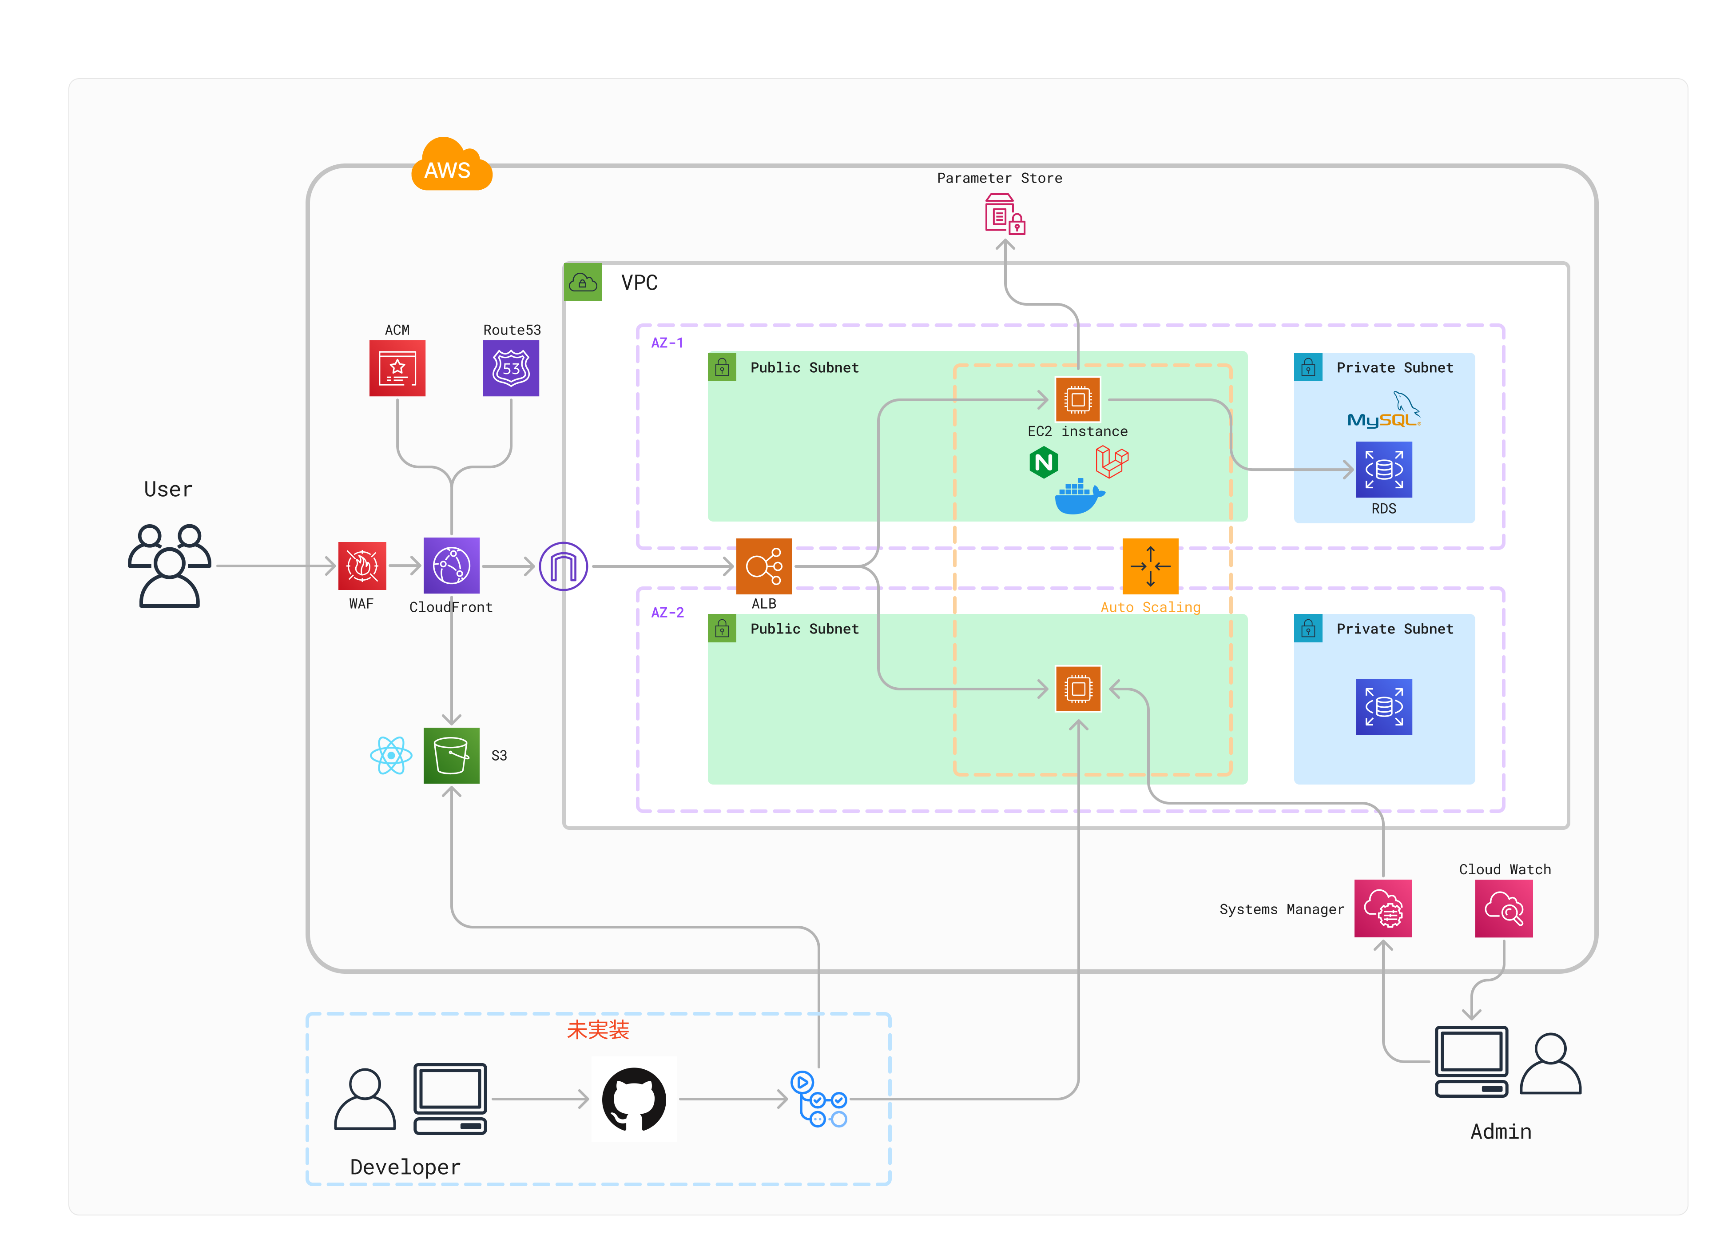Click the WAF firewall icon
[x=362, y=566]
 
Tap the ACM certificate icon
[x=397, y=368]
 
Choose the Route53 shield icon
[x=511, y=368]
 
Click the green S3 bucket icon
[x=452, y=755]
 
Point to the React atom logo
[x=391, y=755]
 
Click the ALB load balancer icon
[x=764, y=566]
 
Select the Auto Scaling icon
[x=1150, y=566]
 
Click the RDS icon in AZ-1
[x=1383, y=469]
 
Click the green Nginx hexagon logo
[x=1044, y=462]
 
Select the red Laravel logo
[x=1111, y=461]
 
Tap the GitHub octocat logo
[x=634, y=1099]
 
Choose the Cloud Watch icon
[x=1504, y=908]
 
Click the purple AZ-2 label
[x=667, y=612]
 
